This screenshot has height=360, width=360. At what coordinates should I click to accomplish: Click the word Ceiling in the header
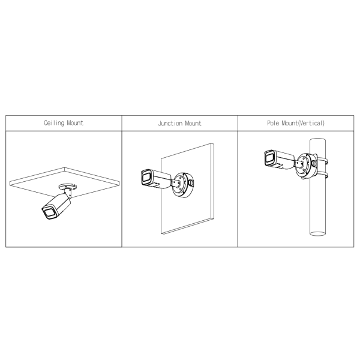[54, 123]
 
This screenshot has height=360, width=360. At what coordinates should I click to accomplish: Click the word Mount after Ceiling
[75, 123]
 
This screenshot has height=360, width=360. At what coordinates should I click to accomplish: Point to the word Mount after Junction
[193, 124]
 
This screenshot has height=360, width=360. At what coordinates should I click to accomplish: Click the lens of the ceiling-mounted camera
[49, 213]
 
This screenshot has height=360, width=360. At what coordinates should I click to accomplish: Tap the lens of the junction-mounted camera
[146, 177]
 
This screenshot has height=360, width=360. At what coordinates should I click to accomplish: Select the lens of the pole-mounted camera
[268, 158]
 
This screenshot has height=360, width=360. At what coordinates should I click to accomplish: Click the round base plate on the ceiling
[67, 187]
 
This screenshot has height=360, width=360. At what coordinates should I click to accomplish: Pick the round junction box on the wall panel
[183, 185]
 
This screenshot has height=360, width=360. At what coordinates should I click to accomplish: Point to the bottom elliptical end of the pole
[318, 233]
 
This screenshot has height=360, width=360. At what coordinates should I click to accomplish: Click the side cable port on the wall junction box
[191, 183]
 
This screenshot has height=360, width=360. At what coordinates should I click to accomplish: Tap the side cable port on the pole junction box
[314, 163]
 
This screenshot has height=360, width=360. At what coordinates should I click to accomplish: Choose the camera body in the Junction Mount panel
[156, 179]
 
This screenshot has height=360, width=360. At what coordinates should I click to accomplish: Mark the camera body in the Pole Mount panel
[279, 160]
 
